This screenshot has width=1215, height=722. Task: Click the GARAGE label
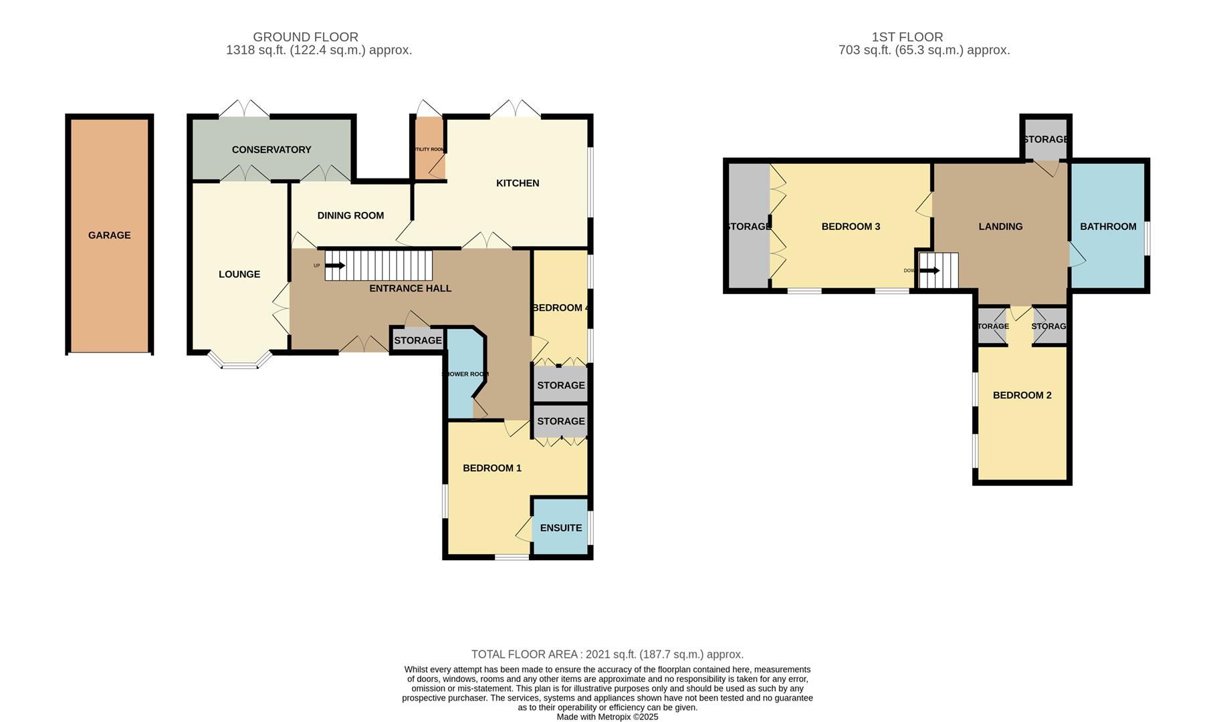click(109, 235)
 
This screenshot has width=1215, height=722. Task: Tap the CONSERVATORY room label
click(271, 150)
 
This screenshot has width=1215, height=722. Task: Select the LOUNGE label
click(239, 274)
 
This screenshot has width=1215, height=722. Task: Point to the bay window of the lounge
click(240, 362)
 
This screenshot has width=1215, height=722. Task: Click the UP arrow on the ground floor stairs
click(335, 265)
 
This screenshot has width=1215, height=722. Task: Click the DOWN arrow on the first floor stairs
click(929, 271)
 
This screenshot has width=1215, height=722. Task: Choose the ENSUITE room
click(560, 527)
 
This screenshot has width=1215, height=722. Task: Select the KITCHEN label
click(518, 183)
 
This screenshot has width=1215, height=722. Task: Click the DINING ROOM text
click(350, 215)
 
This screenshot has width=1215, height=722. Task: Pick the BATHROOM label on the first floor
click(1108, 227)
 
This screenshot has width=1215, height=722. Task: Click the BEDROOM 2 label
click(1022, 395)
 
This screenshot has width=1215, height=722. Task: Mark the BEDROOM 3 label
click(851, 227)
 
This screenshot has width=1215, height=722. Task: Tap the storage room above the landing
click(1045, 139)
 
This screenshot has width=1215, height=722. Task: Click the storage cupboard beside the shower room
click(417, 340)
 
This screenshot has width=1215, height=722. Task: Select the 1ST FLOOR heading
click(907, 37)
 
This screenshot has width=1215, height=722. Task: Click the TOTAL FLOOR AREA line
click(607, 654)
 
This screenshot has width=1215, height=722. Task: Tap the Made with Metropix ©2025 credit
click(607, 717)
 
